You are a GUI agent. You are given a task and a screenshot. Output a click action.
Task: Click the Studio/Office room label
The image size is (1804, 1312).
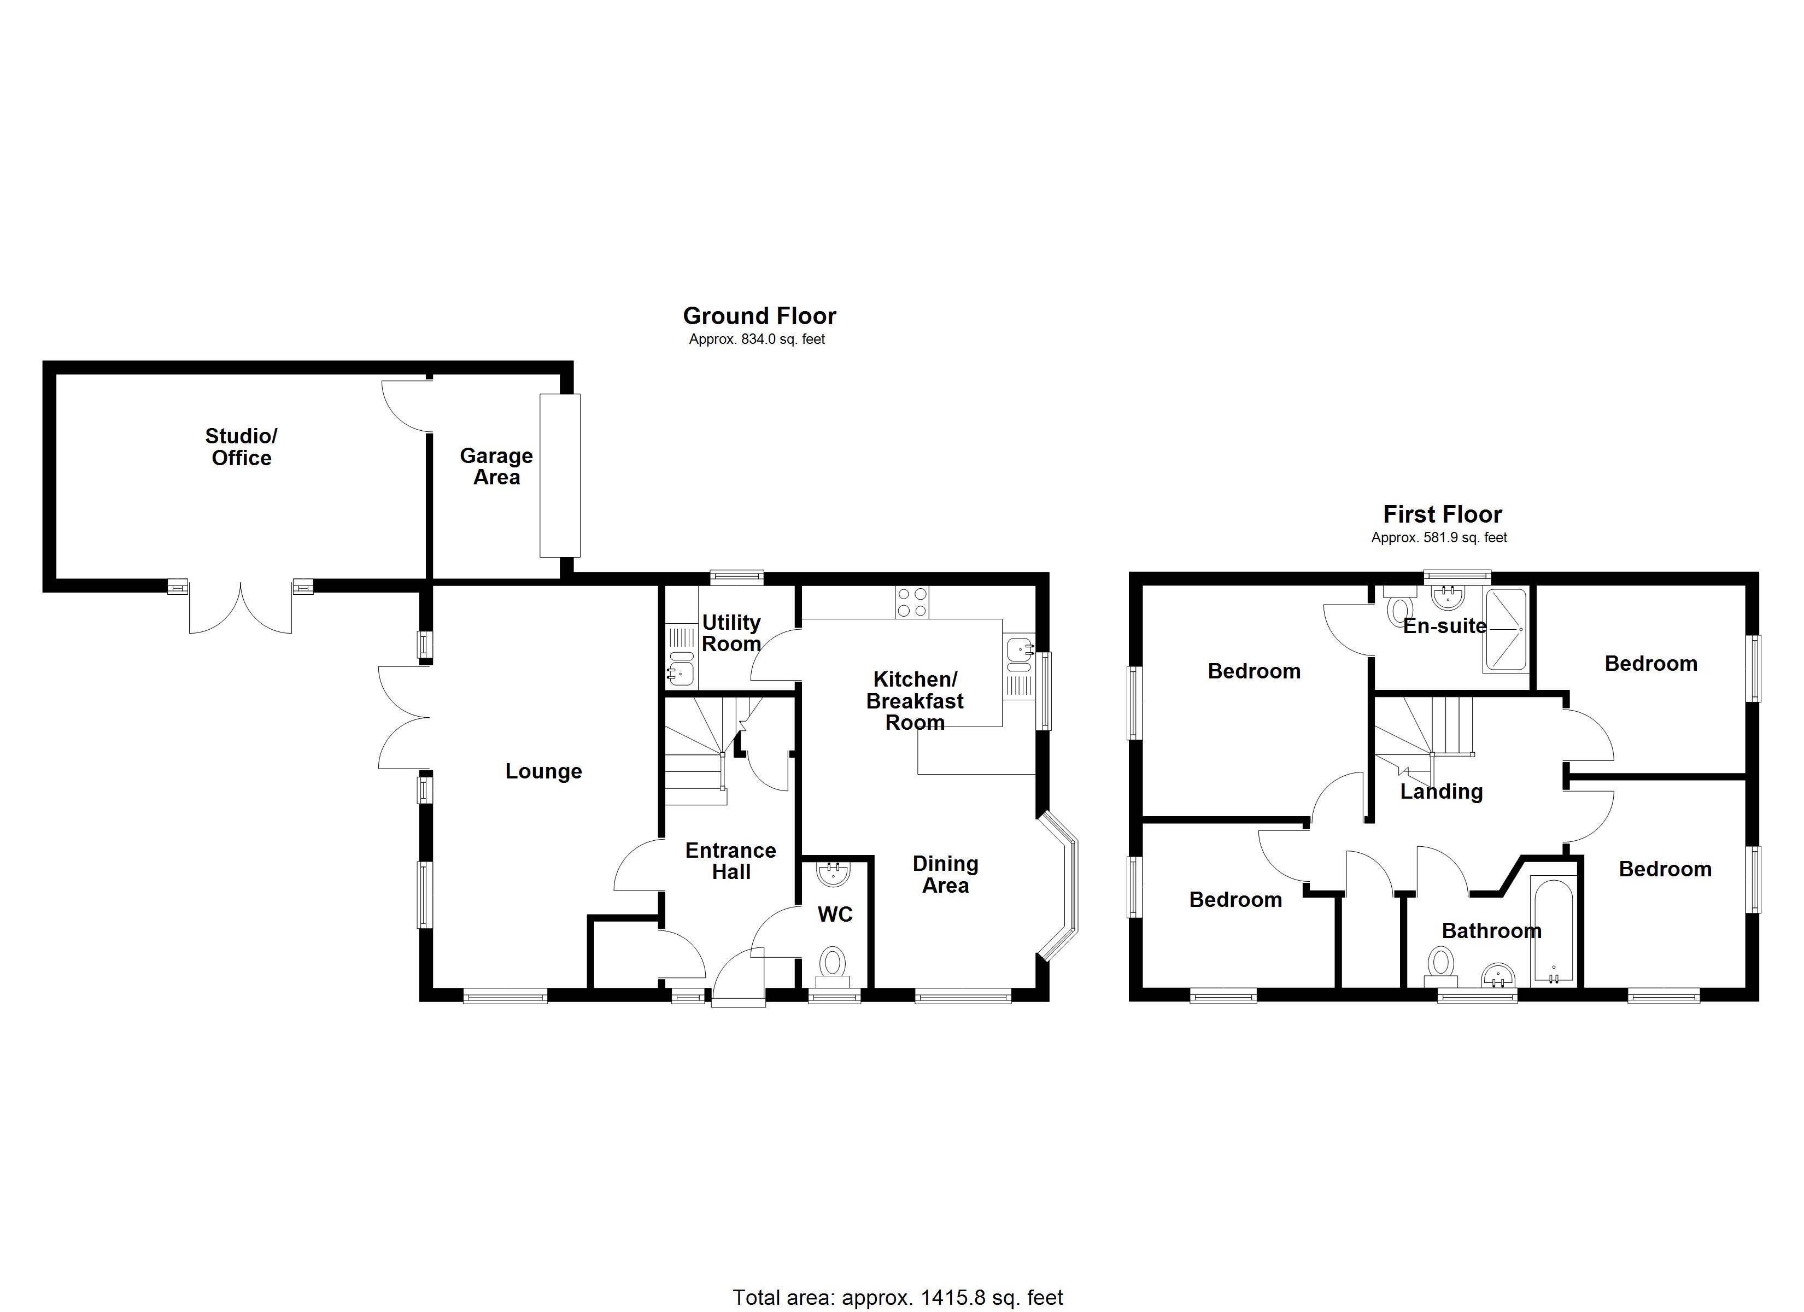pyautogui.click(x=241, y=447)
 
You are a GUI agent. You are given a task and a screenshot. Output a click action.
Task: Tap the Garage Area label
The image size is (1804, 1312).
pyautogui.click(x=496, y=466)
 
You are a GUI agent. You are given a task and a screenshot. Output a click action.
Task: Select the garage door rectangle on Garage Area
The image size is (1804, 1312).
pyautogui.click(x=560, y=475)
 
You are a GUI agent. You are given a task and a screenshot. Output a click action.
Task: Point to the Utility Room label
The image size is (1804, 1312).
pyautogui.click(x=731, y=634)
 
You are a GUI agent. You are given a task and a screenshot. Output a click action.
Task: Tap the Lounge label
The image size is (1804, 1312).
pyautogui.click(x=543, y=771)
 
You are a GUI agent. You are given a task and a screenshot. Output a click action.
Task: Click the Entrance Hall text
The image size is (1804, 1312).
pyautogui.click(x=730, y=861)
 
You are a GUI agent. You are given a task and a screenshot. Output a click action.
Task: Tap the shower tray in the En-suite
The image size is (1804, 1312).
pyautogui.click(x=1505, y=630)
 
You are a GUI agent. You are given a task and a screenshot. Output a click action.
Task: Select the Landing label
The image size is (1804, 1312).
pyautogui.click(x=1442, y=792)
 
